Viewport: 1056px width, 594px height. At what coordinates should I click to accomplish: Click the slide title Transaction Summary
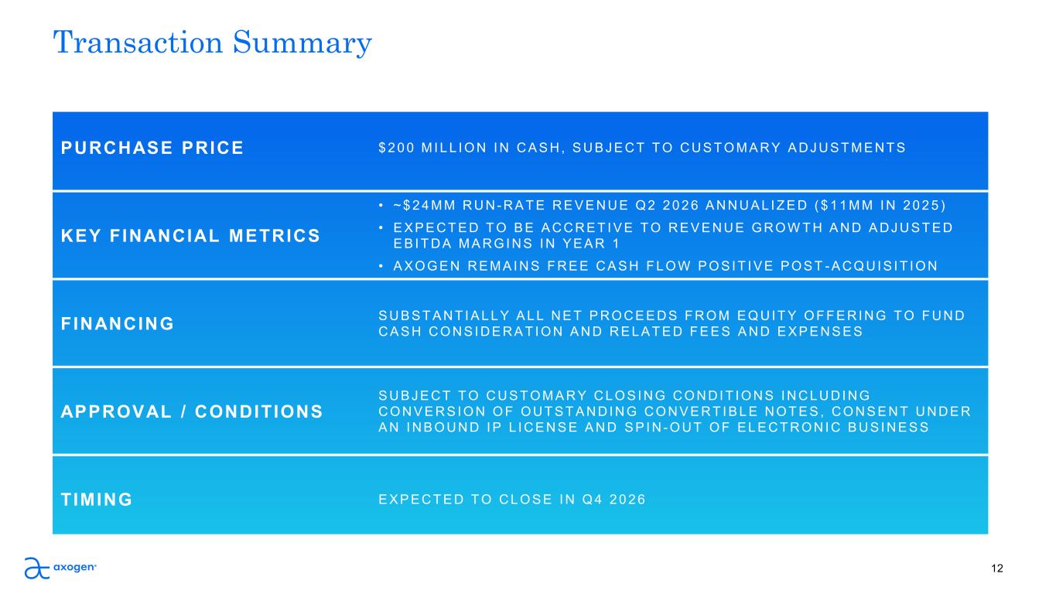[x=213, y=43]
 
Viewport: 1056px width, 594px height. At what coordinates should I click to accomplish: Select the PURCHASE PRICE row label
[x=152, y=148]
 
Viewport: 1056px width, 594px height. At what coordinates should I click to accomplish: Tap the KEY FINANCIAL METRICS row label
[x=190, y=236]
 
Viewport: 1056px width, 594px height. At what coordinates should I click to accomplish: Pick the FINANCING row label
[x=118, y=324]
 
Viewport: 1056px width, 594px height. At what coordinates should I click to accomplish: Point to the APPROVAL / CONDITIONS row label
[x=192, y=411]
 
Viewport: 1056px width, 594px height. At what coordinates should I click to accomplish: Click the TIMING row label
[x=97, y=500]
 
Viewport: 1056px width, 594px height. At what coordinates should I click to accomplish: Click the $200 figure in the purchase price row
[x=396, y=148]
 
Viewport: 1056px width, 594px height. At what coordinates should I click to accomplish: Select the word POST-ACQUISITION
[x=859, y=266]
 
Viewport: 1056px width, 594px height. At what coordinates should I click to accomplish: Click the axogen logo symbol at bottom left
[x=37, y=568]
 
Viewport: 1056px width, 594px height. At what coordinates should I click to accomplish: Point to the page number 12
[x=997, y=568]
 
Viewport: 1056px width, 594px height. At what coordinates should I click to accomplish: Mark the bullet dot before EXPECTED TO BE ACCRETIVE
[x=381, y=228]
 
